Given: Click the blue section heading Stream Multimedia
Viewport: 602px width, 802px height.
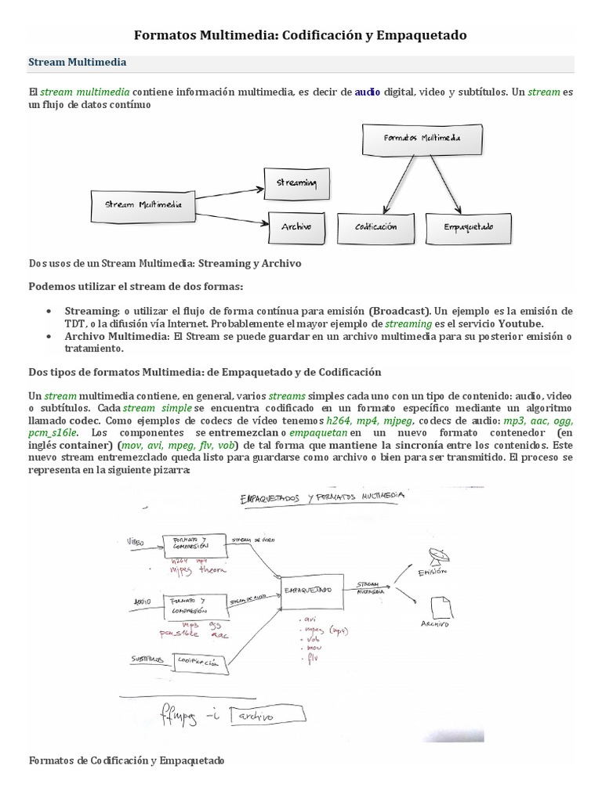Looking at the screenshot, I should [x=78, y=62].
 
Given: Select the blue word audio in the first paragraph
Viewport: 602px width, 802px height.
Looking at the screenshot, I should [x=368, y=92].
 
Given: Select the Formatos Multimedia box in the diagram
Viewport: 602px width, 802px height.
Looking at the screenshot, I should [x=422, y=138].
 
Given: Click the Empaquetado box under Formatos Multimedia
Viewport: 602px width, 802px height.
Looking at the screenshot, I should [x=470, y=226].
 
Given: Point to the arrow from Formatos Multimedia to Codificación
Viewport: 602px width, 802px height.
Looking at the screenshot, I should [x=396, y=181].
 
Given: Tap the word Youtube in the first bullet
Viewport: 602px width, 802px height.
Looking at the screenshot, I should [x=523, y=323].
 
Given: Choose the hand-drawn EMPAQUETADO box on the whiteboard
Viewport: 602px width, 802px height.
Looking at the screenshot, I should [x=311, y=589].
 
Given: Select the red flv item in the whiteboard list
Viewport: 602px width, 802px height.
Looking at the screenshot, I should [x=312, y=657].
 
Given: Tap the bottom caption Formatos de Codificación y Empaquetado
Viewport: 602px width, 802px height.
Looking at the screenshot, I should [x=126, y=760].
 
